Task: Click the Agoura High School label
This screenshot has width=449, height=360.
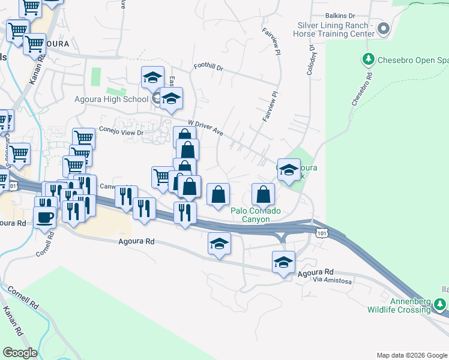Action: (111, 99)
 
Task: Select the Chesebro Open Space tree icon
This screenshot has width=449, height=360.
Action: (367, 59)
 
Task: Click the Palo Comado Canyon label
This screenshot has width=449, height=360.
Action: (259, 214)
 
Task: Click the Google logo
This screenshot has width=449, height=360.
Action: (20, 353)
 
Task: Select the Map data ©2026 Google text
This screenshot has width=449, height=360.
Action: (411, 355)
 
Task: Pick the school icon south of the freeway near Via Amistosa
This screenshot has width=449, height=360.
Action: (284, 262)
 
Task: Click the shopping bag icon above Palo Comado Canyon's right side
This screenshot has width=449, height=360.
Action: (263, 194)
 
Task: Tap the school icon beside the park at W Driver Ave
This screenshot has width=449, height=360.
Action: (289, 170)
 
